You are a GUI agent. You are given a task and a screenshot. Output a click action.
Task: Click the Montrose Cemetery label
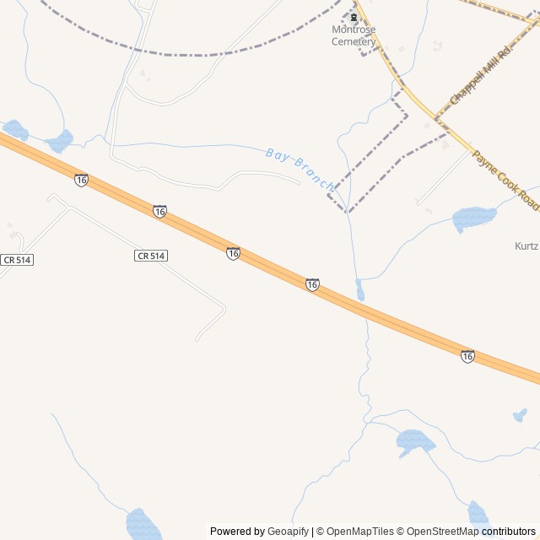click(x=354, y=35)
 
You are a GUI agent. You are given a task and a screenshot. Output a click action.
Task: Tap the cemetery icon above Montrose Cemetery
click(x=354, y=17)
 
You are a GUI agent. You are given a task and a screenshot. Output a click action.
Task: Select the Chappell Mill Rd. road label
click(x=482, y=76)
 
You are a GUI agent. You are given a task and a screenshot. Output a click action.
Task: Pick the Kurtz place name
click(x=526, y=246)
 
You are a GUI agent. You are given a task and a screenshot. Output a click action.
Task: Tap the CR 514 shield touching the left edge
click(x=16, y=260)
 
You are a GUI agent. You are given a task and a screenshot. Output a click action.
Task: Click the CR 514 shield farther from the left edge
click(x=151, y=255)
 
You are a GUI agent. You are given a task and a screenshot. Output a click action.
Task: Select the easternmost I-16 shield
click(x=467, y=356)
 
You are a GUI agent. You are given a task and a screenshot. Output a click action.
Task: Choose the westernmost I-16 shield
click(x=81, y=180)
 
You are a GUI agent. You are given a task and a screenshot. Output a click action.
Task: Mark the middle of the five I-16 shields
click(x=233, y=253)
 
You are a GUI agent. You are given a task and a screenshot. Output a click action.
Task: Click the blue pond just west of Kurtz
click(x=474, y=218)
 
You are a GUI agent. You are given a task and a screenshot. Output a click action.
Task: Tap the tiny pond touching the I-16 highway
click(x=360, y=291)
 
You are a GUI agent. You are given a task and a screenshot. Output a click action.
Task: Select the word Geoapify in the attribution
click(x=289, y=532)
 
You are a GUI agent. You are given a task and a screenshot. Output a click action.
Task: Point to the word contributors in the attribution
click(x=508, y=532)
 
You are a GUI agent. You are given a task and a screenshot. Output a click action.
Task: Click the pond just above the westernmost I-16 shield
click(x=60, y=141)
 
